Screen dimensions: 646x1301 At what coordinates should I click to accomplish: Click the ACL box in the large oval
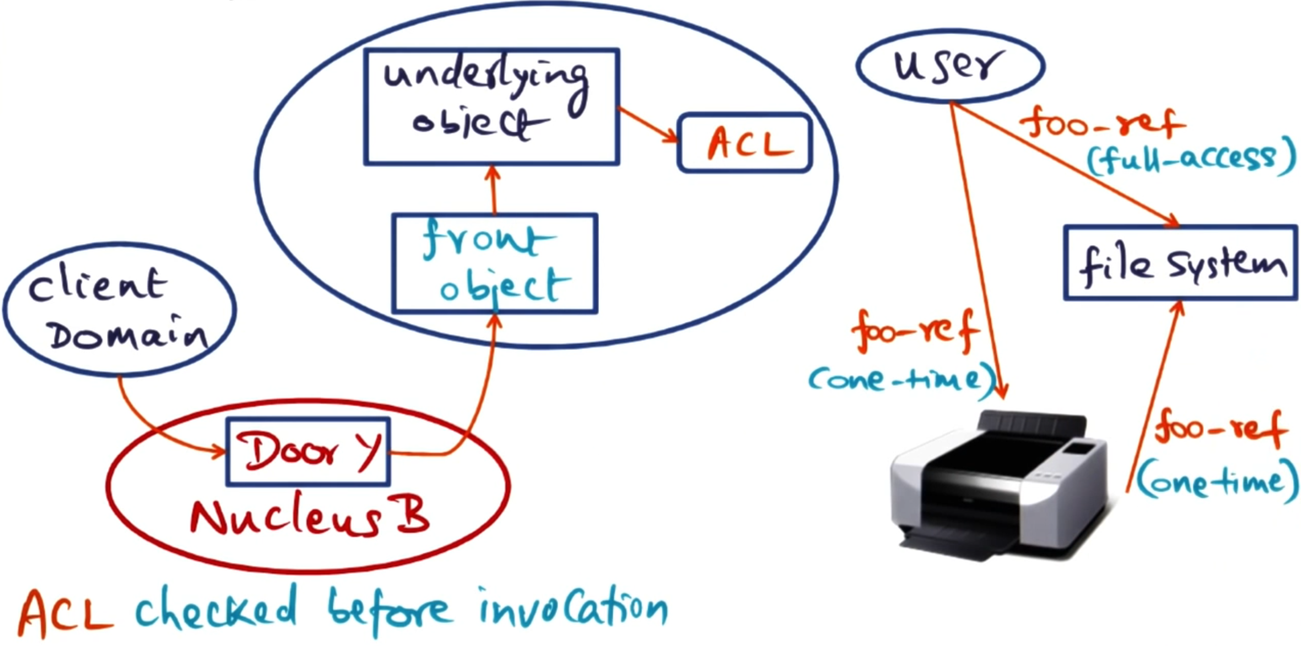[x=744, y=143]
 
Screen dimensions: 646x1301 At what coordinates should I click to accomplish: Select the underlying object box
[x=492, y=106]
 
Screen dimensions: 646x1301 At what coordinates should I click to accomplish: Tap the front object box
[x=494, y=263]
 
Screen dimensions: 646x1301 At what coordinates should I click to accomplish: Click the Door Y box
[x=308, y=451]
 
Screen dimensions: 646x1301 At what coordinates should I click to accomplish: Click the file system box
[x=1180, y=263]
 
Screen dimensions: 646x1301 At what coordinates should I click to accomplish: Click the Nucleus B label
[x=309, y=518]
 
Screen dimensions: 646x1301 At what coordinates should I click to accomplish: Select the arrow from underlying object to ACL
[x=648, y=124]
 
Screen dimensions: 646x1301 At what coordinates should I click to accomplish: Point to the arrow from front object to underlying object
[x=493, y=190]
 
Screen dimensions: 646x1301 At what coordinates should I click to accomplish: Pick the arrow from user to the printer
[x=978, y=248]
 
